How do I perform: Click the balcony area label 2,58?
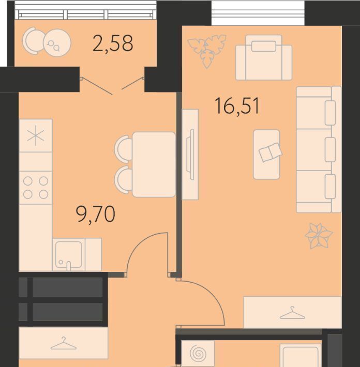[113, 43]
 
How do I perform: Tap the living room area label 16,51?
[237, 106]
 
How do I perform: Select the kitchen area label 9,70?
[96, 213]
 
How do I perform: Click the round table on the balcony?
[57, 43]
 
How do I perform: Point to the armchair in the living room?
[264, 57]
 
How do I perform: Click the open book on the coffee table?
[271, 152]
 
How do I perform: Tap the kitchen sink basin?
[68, 255]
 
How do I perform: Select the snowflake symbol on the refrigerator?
[36, 136]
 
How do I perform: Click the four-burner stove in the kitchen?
[36, 188]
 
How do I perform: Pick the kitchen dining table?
[154, 164]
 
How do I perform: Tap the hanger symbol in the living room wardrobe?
[292, 313]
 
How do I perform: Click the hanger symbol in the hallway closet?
[64, 343]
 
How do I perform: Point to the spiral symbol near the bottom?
[198, 353]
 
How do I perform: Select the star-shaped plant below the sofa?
[319, 236]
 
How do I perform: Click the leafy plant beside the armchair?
[207, 51]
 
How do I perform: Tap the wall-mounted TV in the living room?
[190, 155]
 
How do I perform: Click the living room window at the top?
[258, 12]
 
